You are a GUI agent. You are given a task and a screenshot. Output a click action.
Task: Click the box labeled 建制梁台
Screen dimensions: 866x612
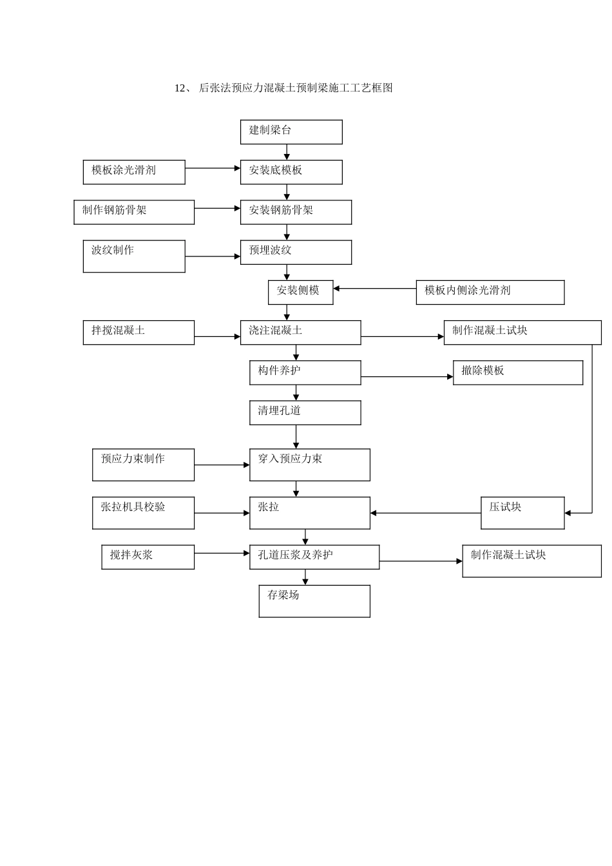(x=291, y=132)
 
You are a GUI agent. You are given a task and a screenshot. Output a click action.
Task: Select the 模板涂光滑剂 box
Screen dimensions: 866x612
(x=134, y=172)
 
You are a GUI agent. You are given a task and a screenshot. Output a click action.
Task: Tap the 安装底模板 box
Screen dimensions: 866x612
(x=291, y=172)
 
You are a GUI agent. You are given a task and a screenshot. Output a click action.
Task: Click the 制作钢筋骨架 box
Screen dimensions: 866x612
(x=134, y=212)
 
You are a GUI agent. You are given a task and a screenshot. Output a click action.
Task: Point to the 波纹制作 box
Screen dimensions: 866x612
(x=134, y=256)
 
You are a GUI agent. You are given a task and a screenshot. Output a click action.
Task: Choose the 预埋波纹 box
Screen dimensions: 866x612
(x=296, y=252)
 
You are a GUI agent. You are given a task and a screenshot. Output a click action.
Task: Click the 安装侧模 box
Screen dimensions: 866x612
(x=300, y=292)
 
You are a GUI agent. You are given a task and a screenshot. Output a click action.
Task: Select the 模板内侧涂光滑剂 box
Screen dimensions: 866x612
(x=490, y=292)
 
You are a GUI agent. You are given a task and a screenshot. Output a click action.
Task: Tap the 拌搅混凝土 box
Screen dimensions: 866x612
(x=139, y=332)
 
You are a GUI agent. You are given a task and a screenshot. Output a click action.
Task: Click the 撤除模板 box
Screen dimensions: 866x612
(x=518, y=372)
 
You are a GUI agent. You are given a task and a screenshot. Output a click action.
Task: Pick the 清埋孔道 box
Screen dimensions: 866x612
(x=305, y=412)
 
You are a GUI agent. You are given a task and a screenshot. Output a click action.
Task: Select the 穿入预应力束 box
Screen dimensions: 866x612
(x=310, y=465)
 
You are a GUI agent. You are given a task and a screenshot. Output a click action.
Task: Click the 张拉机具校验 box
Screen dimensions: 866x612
(x=143, y=513)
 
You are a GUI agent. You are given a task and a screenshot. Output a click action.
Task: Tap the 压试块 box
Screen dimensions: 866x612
(x=522, y=513)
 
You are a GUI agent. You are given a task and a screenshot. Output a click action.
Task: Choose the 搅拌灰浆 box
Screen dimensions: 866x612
(x=148, y=557)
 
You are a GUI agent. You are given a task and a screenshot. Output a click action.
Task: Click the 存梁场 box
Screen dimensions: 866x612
(x=314, y=601)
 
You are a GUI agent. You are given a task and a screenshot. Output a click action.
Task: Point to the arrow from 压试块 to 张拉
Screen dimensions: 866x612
(x=425, y=513)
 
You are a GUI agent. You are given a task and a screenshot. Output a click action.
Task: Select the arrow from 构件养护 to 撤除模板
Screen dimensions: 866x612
(x=406, y=376)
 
